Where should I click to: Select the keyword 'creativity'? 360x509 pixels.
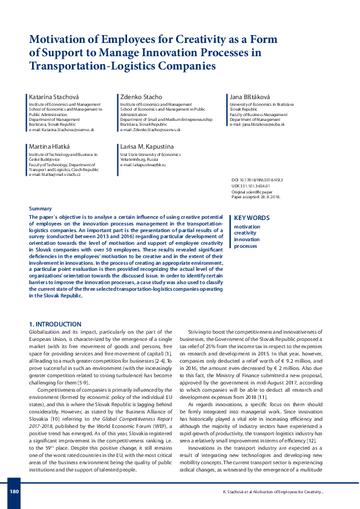[246, 233]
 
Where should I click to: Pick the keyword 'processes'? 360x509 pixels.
[246, 246]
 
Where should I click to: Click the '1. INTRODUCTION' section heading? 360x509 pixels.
[55, 324]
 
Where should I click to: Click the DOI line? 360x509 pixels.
[257, 181]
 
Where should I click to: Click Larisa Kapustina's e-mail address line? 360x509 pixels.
[143, 165]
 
